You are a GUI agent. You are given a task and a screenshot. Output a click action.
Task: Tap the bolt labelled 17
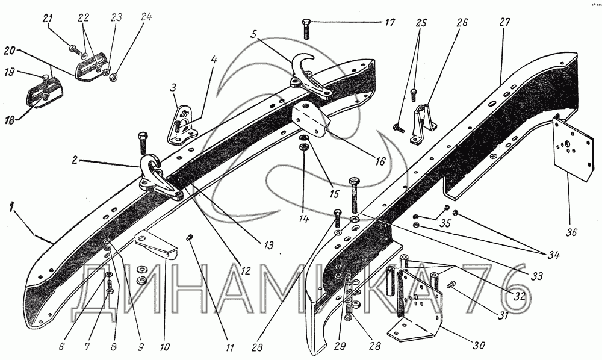coord(306,28)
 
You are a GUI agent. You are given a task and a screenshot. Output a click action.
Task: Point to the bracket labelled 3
coord(181,125)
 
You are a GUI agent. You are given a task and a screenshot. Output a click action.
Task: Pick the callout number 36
coord(570,232)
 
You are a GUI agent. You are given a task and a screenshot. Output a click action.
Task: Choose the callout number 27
coord(505,22)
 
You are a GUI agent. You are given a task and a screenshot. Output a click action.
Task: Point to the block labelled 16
coord(311,119)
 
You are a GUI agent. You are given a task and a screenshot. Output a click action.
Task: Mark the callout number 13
coord(269,245)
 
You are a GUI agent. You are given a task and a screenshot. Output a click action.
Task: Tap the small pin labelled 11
coord(189,238)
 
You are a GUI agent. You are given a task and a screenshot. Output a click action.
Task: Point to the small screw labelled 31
coord(451,285)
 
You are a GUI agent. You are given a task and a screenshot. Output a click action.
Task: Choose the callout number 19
coord(10,72)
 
